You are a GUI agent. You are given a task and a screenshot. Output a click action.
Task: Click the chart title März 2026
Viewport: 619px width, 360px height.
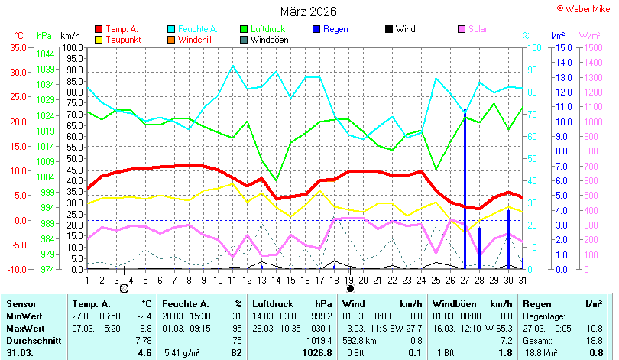[308, 11]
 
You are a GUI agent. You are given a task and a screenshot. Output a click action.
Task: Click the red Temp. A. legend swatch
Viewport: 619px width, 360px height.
[99, 29]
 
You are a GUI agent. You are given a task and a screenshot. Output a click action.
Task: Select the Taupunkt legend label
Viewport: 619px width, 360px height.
[123, 40]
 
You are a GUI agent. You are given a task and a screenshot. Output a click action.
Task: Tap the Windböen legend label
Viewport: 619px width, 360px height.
[269, 40]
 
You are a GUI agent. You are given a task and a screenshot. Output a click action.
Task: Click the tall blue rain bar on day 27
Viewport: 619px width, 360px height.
[465, 189]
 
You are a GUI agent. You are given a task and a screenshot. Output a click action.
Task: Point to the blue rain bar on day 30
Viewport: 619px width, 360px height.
[508, 239]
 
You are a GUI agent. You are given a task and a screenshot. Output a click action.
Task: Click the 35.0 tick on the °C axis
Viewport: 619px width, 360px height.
[18, 47]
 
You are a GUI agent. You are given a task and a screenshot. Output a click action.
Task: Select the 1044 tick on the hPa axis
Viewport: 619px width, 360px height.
[45, 54]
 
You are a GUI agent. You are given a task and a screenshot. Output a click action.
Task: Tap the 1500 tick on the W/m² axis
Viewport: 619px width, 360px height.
[593, 48]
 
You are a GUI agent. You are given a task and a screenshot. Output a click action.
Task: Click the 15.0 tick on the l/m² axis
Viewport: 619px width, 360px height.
[564, 48]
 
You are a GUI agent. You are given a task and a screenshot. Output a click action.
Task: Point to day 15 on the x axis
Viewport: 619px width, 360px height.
[290, 281]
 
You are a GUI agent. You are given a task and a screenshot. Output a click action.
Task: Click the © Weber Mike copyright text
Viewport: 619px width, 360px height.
[584, 8]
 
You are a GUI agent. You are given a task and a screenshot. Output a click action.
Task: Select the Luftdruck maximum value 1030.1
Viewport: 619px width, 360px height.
[319, 329]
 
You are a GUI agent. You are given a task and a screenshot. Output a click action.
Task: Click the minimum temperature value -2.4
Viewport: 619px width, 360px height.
[145, 316]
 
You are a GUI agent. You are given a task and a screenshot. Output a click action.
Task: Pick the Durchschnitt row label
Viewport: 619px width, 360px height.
[34, 341]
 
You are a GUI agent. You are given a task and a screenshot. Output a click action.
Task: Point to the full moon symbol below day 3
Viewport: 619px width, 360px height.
[124, 289]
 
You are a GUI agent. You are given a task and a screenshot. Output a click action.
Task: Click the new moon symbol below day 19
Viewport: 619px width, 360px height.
[350, 289]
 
